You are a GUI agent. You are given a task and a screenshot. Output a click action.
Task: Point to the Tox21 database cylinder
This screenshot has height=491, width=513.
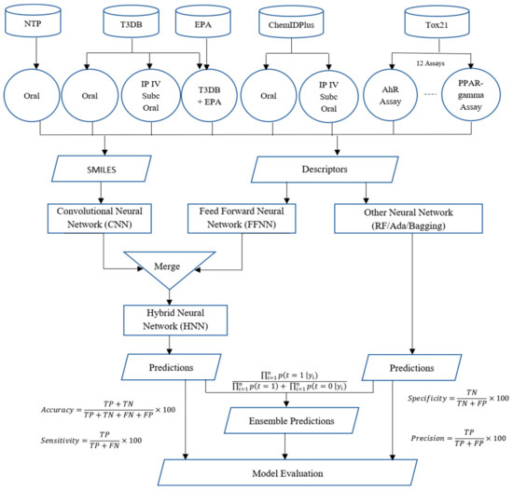coord(434,20)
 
